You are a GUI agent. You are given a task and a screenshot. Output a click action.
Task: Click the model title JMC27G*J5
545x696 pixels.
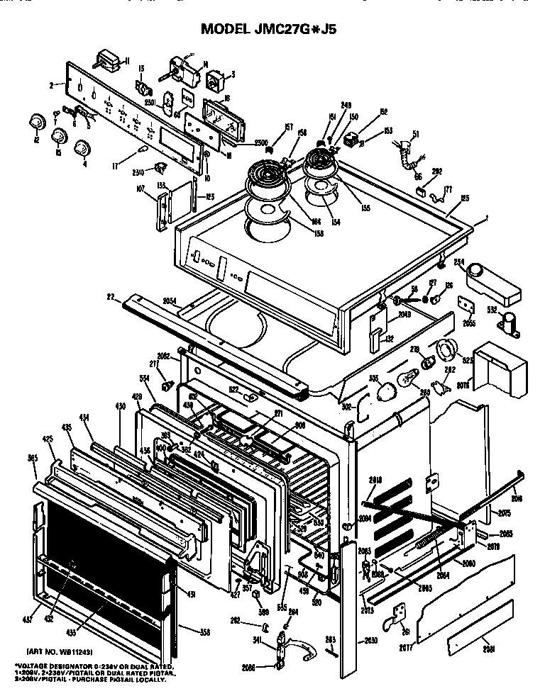pyautogui.click(x=273, y=29)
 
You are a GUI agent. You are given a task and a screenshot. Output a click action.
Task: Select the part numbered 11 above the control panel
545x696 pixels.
pyautogui.click(x=109, y=59)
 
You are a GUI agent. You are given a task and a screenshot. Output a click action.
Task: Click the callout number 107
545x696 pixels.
pyautogui.click(x=141, y=189)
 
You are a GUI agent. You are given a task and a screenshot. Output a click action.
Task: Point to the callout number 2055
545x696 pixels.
pyautogui.click(x=469, y=322)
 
